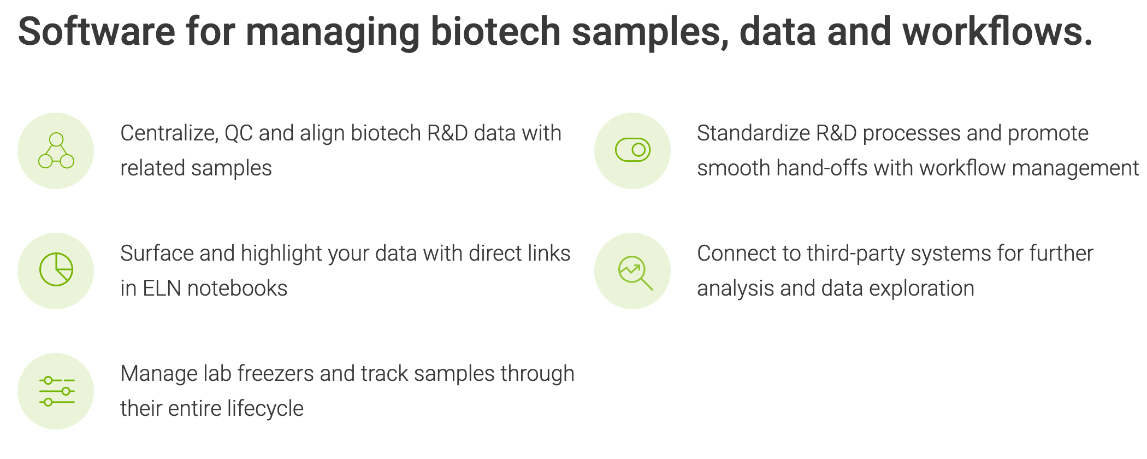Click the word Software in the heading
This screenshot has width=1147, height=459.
click(97, 31)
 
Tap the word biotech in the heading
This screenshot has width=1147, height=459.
click(495, 31)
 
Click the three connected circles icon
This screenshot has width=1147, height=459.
click(56, 150)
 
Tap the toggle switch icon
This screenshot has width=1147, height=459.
click(632, 150)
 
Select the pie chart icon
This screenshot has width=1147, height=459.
click(56, 269)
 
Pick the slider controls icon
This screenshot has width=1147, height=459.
click(57, 391)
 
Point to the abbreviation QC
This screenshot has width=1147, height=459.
click(239, 133)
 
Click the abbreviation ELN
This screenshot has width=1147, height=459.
click(162, 289)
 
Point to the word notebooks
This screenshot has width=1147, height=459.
click(237, 289)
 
